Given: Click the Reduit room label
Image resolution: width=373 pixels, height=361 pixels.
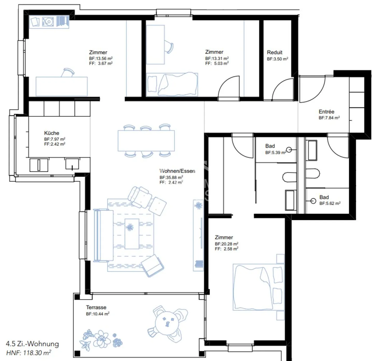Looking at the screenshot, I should click(275, 52).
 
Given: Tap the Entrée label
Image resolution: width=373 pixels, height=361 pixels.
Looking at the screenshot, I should click(326, 112).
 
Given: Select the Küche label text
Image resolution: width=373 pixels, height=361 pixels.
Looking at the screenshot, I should click(52, 133).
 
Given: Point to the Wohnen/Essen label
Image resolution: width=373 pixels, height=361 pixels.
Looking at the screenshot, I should click(177, 171).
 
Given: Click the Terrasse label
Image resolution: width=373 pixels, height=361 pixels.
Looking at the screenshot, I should click(96, 307).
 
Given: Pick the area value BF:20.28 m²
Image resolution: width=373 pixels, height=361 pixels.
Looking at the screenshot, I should click(226, 244).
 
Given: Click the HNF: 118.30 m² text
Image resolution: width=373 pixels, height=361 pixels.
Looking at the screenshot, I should click(28, 353).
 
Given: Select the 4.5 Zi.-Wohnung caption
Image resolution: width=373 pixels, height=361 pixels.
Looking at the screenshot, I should click(32, 344).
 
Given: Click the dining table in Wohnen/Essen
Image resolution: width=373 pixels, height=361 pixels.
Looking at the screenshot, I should click(146, 141).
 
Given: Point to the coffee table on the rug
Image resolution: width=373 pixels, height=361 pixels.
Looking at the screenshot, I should click(132, 234).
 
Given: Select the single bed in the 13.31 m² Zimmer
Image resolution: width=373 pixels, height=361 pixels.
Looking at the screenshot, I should click(172, 85).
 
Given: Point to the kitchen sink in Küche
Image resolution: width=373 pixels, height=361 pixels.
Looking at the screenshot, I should click(72, 164).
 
